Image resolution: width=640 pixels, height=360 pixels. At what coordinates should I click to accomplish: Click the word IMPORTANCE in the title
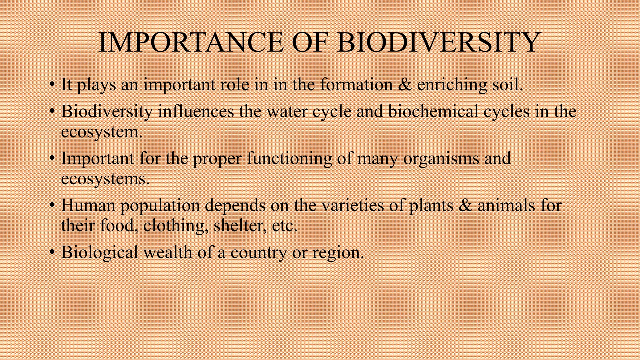pyautogui.click(x=191, y=42)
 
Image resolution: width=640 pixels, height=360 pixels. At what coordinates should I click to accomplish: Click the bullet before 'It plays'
pyautogui.click(x=52, y=85)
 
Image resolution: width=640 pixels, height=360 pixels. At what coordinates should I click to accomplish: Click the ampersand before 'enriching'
pyautogui.click(x=405, y=85)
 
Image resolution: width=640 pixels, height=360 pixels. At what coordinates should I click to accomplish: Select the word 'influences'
pyautogui.click(x=196, y=112)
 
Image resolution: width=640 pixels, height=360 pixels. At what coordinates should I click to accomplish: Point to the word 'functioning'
pyautogui.click(x=289, y=158)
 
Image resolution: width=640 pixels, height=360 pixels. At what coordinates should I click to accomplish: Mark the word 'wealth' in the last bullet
pyautogui.click(x=167, y=252)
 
